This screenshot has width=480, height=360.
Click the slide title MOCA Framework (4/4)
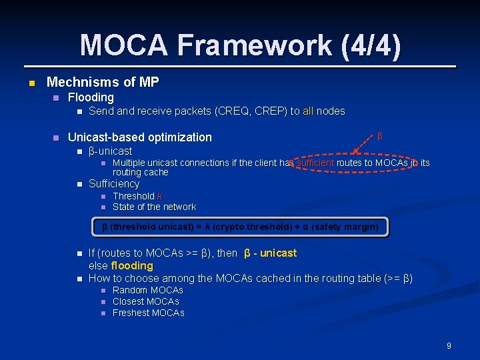(x=240, y=45)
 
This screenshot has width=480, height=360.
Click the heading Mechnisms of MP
(x=103, y=82)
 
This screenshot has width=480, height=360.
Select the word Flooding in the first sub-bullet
(x=91, y=97)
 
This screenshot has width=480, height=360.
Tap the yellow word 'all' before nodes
(x=308, y=111)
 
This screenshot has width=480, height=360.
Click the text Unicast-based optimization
(x=140, y=137)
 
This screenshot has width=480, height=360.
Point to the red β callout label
(x=379, y=136)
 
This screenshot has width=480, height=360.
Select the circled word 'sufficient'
(x=315, y=162)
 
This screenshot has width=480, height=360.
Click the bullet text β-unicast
(x=110, y=151)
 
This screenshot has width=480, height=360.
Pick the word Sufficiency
(x=114, y=183)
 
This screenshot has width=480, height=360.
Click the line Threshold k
(x=137, y=196)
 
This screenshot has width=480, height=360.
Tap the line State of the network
(x=154, y=207)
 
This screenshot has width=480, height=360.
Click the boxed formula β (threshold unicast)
(x=240, y=227)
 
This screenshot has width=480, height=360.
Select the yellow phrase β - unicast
(x=271, y=253)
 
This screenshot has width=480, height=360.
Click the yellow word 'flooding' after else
(x=132, y=265)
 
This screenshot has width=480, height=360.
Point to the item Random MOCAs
(x=147, y=290)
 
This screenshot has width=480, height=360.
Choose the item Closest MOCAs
(x=145, y=301)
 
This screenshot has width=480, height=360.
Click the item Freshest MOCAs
(x=148, y=313)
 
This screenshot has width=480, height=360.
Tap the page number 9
(x=449, y=345)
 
